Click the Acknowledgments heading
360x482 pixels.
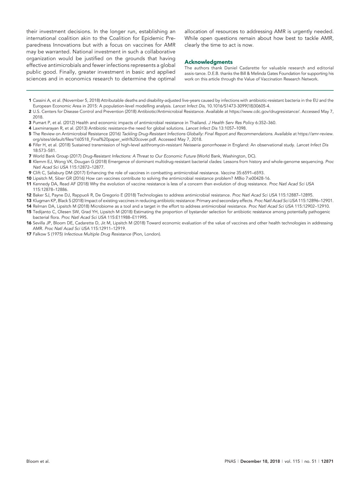point(208,62)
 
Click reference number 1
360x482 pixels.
point(30,101)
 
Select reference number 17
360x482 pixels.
point(29,234)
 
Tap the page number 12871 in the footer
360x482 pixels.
point(327,462)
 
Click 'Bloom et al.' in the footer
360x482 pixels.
point(38,462)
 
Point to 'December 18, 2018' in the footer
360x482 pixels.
point(260,462)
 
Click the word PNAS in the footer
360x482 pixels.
point(230,462)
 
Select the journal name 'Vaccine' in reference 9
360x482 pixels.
point(228,173)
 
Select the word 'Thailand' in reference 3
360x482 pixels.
point(198,123)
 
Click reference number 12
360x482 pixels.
point(29,195)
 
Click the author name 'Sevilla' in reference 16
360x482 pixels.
point(40,223)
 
